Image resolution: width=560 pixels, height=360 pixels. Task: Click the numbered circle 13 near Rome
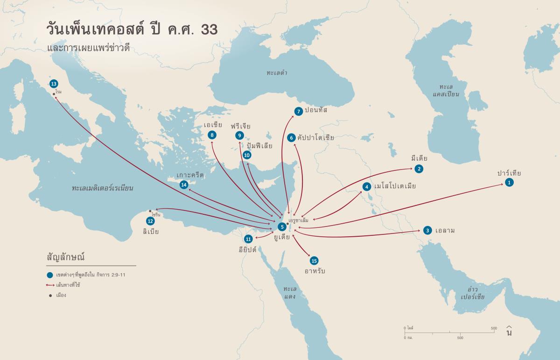53,84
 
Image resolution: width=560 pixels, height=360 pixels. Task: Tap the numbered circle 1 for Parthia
509,183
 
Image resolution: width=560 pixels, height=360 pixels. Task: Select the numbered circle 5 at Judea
281,226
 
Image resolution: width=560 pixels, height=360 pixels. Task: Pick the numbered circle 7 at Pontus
298,111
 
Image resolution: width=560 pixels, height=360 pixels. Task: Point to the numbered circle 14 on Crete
184,185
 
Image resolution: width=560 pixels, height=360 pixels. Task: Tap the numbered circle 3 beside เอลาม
427,230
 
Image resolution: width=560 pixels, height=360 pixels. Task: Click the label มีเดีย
419,159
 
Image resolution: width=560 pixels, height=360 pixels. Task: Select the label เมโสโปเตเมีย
395,186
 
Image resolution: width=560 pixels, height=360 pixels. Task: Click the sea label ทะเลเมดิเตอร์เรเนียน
103,189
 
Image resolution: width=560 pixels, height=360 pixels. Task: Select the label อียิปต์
248,249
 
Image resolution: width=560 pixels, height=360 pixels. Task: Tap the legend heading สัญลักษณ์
65,257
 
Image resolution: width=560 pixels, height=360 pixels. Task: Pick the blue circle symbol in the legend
50,275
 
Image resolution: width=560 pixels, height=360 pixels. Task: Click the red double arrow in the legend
49,284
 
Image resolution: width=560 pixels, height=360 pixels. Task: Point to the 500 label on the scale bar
460,337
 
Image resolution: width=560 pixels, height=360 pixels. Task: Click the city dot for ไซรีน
150,211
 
